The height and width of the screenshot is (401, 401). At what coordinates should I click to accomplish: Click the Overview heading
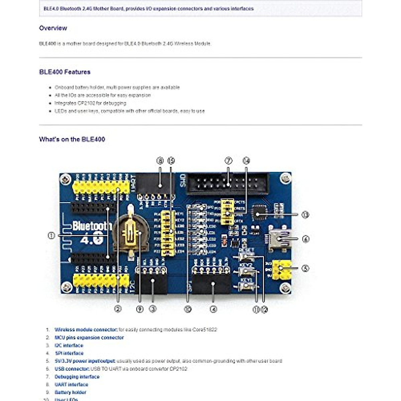(53, 28)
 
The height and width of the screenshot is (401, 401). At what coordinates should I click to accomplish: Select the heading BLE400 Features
(64, 72)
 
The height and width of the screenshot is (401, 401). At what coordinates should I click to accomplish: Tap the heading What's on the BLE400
(72, 139)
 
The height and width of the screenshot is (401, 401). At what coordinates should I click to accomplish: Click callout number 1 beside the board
(51, 236)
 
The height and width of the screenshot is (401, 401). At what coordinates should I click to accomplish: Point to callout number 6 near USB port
(305, 239)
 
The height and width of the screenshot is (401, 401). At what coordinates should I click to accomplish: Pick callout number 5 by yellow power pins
(305, 268)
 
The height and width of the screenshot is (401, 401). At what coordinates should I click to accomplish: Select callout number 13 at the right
(305, 215)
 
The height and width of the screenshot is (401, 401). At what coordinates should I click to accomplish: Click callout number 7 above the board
(228, 161)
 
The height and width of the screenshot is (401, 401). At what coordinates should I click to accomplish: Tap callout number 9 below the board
(140, 309)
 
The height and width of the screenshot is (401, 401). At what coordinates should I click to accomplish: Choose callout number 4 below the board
(213, 309)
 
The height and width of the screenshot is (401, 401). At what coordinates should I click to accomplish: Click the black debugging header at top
(227, 184)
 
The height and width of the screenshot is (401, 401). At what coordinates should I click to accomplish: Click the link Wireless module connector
(86, 329)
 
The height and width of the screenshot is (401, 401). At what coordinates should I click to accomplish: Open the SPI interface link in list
(69, 353)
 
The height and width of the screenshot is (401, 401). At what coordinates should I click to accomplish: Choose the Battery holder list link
(70, 392)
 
